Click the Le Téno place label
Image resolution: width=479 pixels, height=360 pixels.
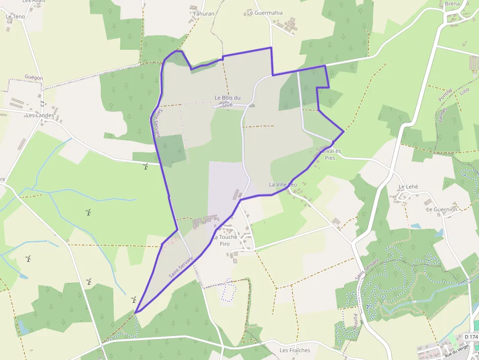[x=15, y=17]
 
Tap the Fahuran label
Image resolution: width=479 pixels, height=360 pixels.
[x=204, y=14]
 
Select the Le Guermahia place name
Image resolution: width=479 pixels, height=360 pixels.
[x=265, y=13]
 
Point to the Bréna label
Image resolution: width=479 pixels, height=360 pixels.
[x=452, y=4]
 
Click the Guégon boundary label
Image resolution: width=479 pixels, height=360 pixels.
[x=34, y=78]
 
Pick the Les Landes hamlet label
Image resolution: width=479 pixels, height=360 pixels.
[x=38, y=115]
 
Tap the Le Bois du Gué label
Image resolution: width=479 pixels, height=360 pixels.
[x=227, y=101]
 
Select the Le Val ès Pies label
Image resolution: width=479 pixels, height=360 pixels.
[x=330, y=155]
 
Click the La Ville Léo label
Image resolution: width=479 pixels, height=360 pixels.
[x=283, y=184]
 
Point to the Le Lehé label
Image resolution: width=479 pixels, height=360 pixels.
[x=408, y=187]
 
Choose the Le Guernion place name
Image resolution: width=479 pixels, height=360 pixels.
[x=441, y=210]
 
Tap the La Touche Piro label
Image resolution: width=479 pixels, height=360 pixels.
[x=225, y=240]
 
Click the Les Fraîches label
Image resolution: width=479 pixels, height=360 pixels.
[x=295, y=350]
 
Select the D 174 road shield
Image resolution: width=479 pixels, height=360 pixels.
[x=471, y=337]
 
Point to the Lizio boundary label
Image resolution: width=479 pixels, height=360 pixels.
[x=464, y=92]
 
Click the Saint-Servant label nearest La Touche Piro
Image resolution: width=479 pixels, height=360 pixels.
[x=181, y=267]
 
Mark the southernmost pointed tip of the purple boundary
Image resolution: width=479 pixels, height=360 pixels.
[x=135, y=312]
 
